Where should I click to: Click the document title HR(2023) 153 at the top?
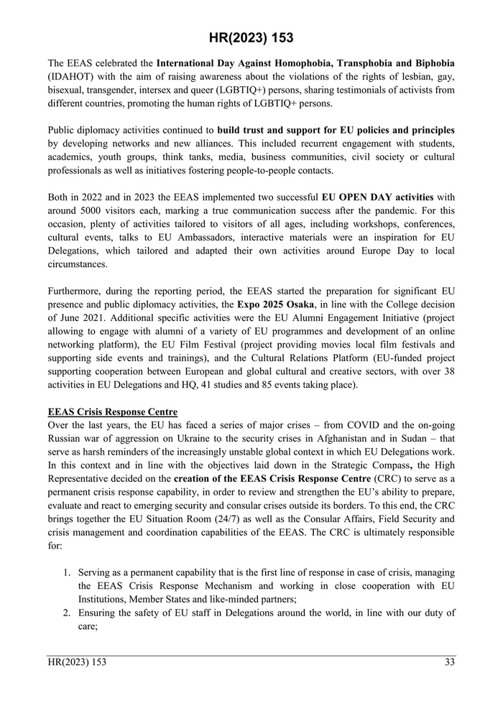pyautogui.click(x=251, y=37)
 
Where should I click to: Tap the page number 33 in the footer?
pyautogui.click(x=449, y=662)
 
